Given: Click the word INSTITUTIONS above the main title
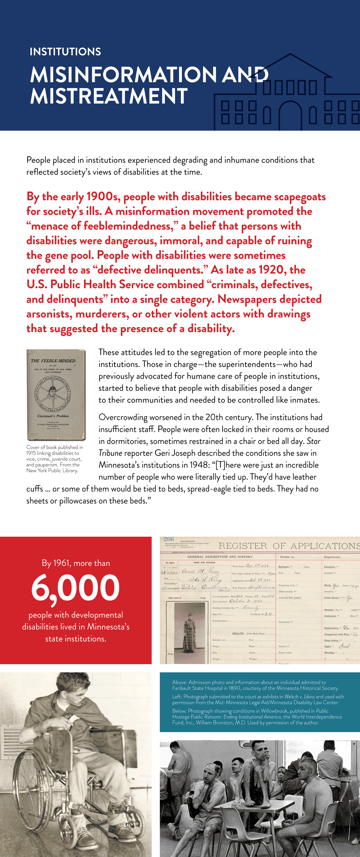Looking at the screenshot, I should coord(65,52).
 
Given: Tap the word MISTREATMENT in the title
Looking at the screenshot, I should coord(109,96).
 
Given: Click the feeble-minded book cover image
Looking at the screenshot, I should coord(56,394).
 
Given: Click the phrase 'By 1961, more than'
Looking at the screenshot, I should coord(76,563).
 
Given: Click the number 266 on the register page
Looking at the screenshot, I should coord(169,539).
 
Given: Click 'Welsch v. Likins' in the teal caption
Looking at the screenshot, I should coord(299,696).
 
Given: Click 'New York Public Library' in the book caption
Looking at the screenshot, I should coord(52,470).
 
